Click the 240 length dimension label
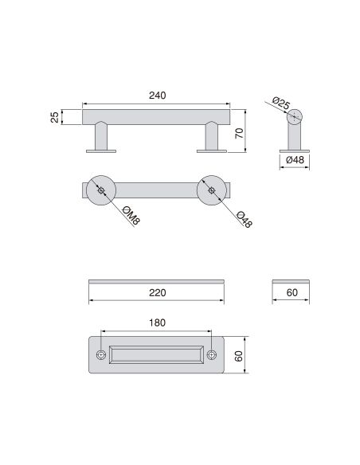click(157, 96)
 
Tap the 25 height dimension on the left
click(55, 117)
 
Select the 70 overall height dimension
click(239, 133)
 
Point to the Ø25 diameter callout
click(280, 104)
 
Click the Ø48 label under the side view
click(295, 160)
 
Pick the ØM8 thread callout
click(131, 216)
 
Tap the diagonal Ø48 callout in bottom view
click(244, 219)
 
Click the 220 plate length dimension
click(157, 293)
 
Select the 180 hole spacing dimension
click(157, 322)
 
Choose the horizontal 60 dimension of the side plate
click(292, 293)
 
